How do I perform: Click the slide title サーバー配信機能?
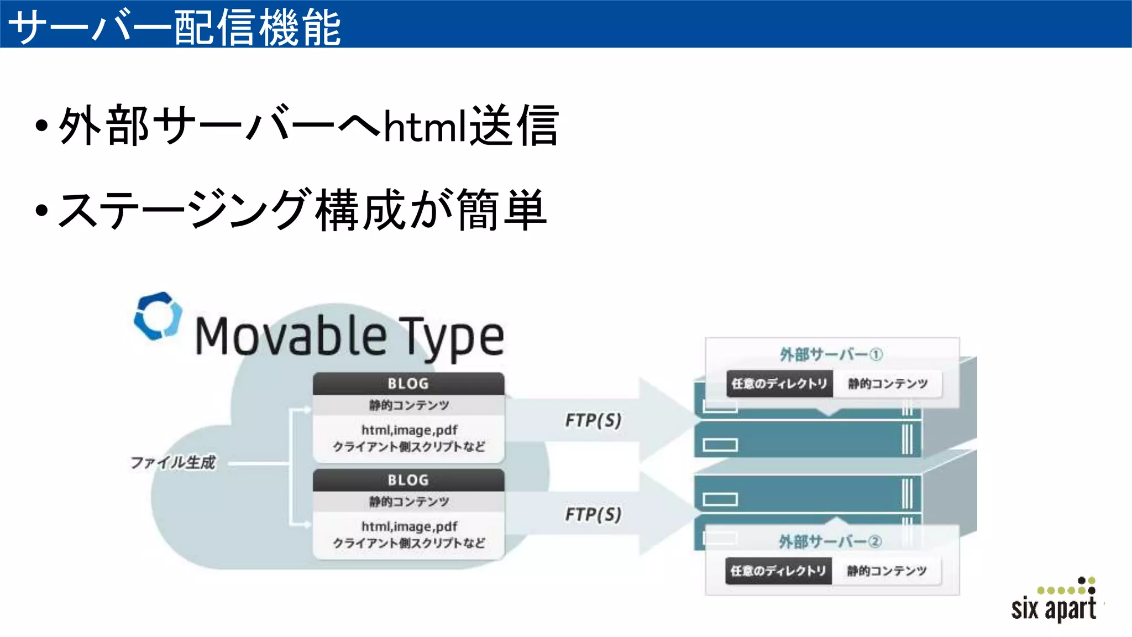[175, 27]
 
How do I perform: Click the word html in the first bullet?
[425, 127]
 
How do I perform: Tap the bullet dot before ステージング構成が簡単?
[41, 210]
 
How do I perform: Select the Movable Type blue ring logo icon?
[158, 316]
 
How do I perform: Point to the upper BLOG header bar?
[408, 383]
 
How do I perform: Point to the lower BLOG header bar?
[408, 480]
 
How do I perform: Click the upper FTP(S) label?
[593, 420]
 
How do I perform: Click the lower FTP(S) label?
[593, 515]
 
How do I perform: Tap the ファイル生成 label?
[172, 462]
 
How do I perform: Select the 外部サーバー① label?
[831, 354]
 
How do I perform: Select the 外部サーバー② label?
[830, 541]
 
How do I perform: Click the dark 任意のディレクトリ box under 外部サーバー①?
[779, 384]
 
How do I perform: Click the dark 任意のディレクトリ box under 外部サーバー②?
[778, 571]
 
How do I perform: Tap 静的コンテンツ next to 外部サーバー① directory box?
[888, 384]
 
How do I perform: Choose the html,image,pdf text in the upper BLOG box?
[409, 430]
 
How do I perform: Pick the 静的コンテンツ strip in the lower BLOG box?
[409, 502]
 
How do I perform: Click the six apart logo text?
[1054, 608]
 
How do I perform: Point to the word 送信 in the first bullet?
[514, 127]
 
